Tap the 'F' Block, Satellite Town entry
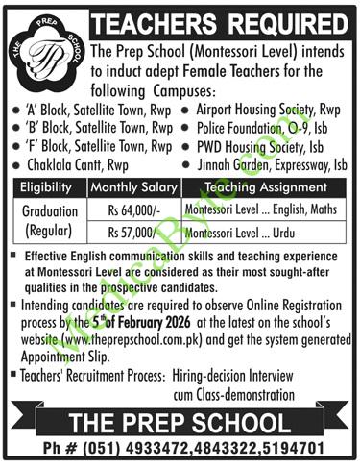pos(91,146)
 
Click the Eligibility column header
pos(45,187)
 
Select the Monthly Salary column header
pos(133,187)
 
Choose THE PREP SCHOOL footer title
pos(179,420)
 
